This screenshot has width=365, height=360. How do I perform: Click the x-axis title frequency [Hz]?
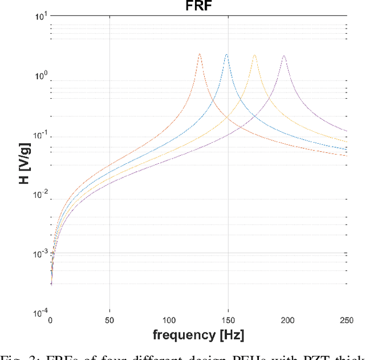pos(198,334)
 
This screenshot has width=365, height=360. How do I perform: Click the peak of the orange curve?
pos(200,54)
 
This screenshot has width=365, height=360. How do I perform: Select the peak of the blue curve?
pos(226,55)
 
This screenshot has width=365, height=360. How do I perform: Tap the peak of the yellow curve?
pos(254,55)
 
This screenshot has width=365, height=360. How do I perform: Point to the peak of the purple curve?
pos(283,56)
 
